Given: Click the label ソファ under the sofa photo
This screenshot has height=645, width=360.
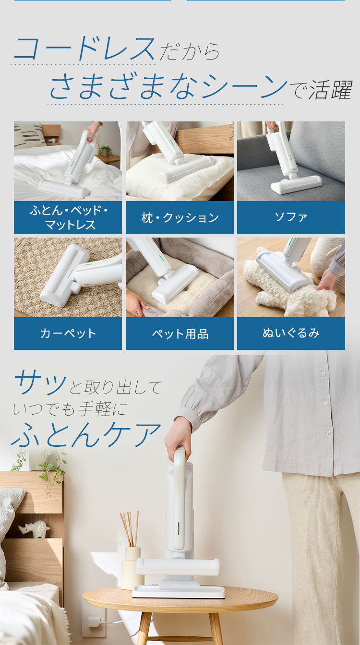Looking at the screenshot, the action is click(x=291, y=217).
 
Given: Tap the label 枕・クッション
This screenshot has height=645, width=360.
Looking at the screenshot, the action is click(x=180, y=218).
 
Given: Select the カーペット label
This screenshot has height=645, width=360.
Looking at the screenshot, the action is click(x=68, y=334).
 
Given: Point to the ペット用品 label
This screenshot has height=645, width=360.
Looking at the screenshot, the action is click(x=180, y=334).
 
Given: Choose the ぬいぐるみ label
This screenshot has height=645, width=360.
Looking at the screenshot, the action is click(x=291, y=333).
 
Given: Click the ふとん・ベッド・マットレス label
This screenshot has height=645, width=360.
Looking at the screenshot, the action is click(x=68, y=217).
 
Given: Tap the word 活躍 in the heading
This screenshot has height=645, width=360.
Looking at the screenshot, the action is click(x=331, y=90).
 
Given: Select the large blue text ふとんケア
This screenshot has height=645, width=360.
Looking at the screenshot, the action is click(x=86, y=435).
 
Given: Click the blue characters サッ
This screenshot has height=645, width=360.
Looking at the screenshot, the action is click(x=40, y=382).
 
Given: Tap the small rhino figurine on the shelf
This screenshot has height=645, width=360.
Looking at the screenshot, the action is click(x=34, y=529).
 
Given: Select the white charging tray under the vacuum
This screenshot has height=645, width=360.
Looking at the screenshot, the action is click(x=179, y=591).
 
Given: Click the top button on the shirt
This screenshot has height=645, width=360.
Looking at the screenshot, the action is click(x=323, y=374).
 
